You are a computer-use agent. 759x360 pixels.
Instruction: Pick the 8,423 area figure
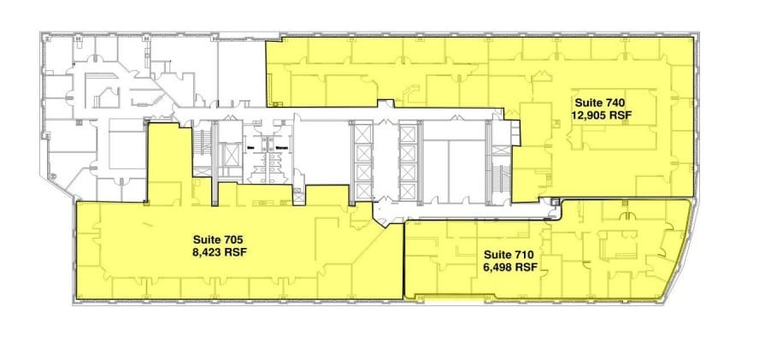pos(209,251)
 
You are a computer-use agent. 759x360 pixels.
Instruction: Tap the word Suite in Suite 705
pos(199,239)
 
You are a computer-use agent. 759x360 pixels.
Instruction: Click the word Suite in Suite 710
pos(497,254)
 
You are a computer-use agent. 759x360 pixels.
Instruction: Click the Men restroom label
pos(252,146)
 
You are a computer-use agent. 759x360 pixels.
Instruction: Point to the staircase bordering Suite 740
pos(497,162)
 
